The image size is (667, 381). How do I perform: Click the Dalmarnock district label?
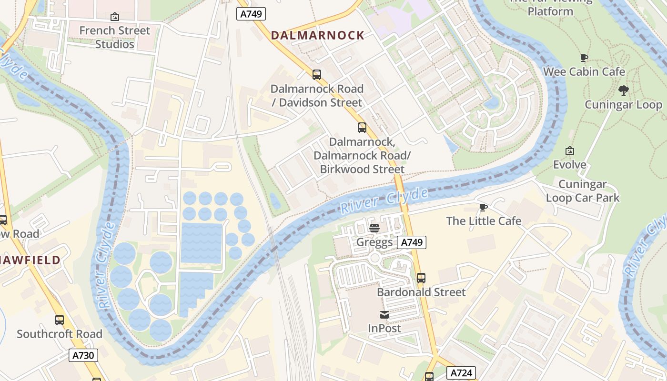317,35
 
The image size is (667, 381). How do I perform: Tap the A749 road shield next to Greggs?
412,242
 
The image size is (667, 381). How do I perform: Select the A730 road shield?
83,355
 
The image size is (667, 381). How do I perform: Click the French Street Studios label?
114,37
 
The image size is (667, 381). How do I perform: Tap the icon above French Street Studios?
114,17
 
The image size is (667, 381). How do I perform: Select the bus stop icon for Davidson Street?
316,75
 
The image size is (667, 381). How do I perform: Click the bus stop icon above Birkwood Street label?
362,128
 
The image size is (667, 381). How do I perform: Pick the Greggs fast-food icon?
374,228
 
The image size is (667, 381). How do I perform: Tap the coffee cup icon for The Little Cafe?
484,207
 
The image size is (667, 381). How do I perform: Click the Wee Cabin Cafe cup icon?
584,58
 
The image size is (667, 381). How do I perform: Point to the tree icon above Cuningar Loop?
623,90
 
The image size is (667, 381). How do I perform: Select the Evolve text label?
569,165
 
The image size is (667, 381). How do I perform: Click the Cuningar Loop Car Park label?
582,191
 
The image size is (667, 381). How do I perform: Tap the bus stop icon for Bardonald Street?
421,278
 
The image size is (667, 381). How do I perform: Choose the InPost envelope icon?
384,314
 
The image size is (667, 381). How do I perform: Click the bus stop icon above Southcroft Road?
60,320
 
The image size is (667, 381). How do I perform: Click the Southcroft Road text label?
60,334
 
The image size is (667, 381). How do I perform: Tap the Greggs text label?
374,242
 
